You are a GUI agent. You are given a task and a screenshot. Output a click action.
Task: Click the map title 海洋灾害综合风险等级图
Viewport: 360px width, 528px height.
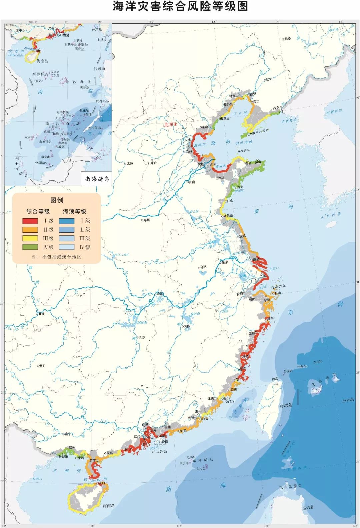coord(180,7)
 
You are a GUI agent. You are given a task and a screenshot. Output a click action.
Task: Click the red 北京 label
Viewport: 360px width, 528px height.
coord(169,124)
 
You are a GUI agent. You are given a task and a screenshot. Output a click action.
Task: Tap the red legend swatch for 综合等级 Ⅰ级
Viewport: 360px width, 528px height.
coord(30,221)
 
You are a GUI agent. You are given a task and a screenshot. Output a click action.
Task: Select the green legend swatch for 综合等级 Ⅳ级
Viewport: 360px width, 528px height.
coord(30,247)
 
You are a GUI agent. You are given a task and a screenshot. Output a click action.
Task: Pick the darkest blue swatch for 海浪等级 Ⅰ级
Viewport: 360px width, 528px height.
coord(67,221)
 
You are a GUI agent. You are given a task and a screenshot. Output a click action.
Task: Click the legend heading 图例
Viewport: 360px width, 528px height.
coord(57,200)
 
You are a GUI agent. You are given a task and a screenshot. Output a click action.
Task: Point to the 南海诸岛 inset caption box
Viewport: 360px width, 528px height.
coord(97,179)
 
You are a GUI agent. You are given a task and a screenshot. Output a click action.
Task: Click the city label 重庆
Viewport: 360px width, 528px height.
coord(41,314)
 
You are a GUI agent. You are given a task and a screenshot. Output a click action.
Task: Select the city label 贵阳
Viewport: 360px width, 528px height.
coord(42,366)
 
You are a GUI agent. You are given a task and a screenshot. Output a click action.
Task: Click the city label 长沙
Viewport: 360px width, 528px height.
coord(142,337)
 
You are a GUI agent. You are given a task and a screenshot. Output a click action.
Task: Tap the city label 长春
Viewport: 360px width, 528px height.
coord(287,39)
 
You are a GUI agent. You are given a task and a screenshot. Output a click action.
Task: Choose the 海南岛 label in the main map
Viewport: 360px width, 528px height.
coord(109,506)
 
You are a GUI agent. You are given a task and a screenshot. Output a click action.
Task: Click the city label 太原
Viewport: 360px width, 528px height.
coord(129,163)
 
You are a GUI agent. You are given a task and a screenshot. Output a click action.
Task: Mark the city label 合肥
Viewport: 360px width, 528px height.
coord(203,267)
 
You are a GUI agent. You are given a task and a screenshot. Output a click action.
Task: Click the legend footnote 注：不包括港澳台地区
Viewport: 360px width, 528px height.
coord(57,257)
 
